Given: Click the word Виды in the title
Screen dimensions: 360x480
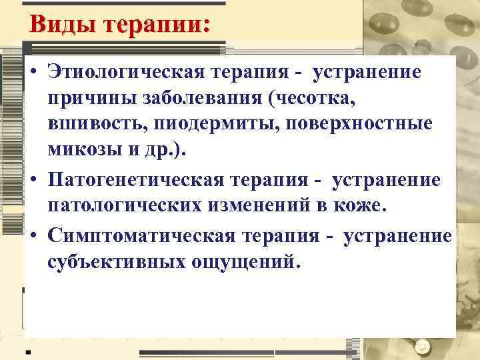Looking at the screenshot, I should click(x=60, y=25).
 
